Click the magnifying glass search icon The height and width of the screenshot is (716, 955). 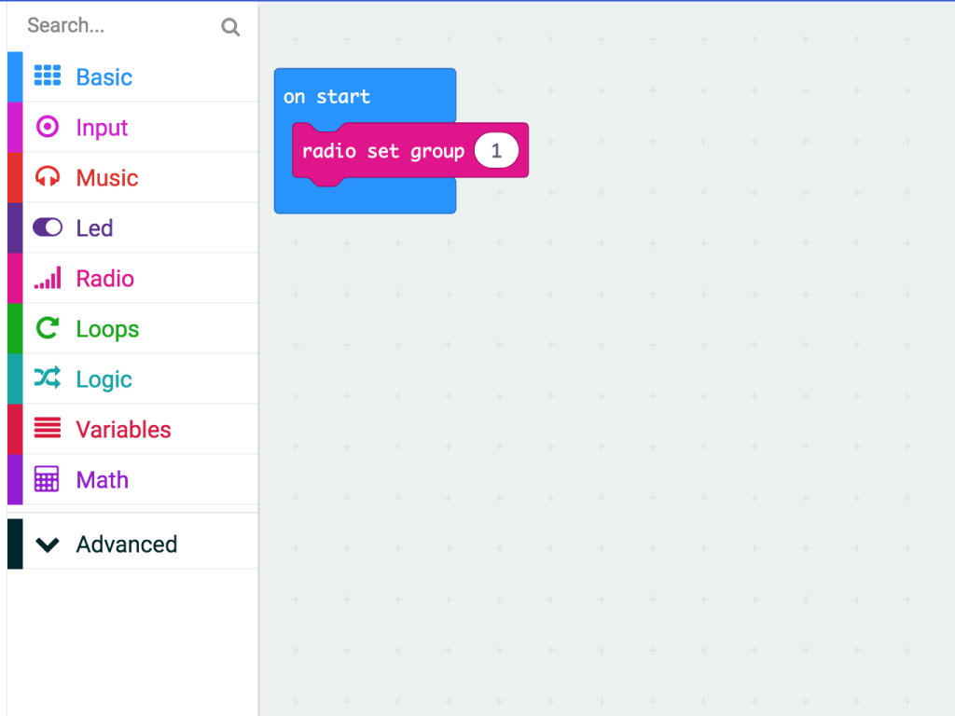(230, 27)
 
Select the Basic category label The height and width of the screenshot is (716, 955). (104, 77)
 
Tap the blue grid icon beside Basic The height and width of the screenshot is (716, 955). (48, 76)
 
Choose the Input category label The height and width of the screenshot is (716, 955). (102, 128)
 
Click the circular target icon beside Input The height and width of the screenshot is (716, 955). (48, 127)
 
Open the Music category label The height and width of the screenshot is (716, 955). (107, 178)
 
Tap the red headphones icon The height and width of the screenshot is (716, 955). (48, 176)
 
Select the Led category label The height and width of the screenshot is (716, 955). (94, 228)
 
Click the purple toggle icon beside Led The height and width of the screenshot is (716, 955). (48, 227)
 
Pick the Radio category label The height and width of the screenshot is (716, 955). (104, 279)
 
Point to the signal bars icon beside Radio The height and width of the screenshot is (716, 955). (48, 277)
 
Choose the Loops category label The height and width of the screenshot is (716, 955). (107, 329)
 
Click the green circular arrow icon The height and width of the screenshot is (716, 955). (48, 327)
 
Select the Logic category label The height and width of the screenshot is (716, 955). (104, 380)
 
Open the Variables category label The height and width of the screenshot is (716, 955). (124, 430)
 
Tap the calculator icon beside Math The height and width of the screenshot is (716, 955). (47, 479)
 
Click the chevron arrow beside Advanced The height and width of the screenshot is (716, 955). (48, 544)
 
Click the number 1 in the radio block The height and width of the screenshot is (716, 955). (496, 150)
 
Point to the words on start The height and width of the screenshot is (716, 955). (326, 97)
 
